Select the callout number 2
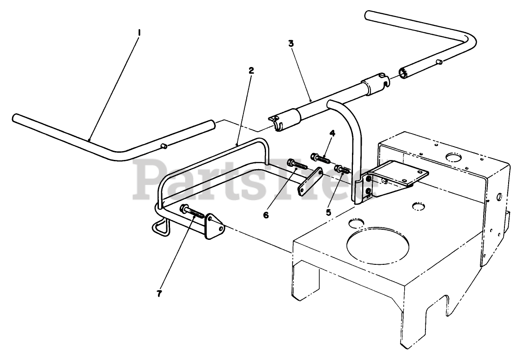tap(251, 71)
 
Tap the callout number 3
tap(291, 43)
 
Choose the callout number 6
tap(266, 215)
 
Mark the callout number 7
tap(159, 293)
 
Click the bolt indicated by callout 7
tap(193, 212)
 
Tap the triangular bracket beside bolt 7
tap(213, 226)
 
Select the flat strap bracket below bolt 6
tap(310, 182)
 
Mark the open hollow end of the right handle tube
tap(403, 73)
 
